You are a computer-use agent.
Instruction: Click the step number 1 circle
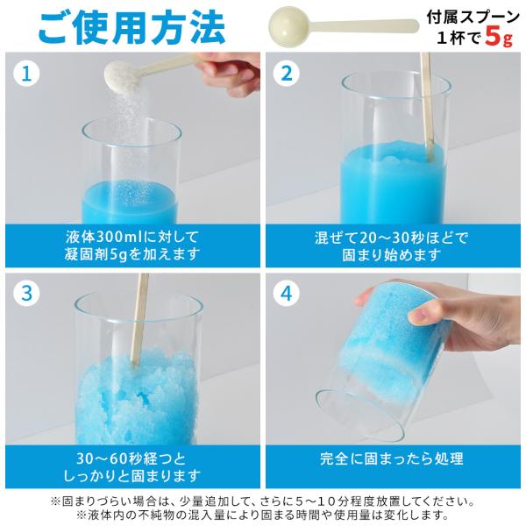[x=26, y=73]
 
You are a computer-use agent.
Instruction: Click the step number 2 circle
[x=286, y=73]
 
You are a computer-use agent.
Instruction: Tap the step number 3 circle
[x=26, y=293]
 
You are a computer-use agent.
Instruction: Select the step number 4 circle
[x=286, y=293]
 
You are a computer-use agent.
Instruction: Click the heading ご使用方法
[x=131, y=27]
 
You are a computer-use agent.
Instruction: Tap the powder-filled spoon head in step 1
[x=122, y=77]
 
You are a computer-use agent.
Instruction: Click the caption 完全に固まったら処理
[x=392, y=458]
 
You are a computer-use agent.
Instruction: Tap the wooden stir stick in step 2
[x=426, y=107]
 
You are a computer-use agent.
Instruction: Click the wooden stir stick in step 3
[x=139, y=320]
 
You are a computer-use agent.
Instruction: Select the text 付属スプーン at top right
[x=473, y=18]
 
